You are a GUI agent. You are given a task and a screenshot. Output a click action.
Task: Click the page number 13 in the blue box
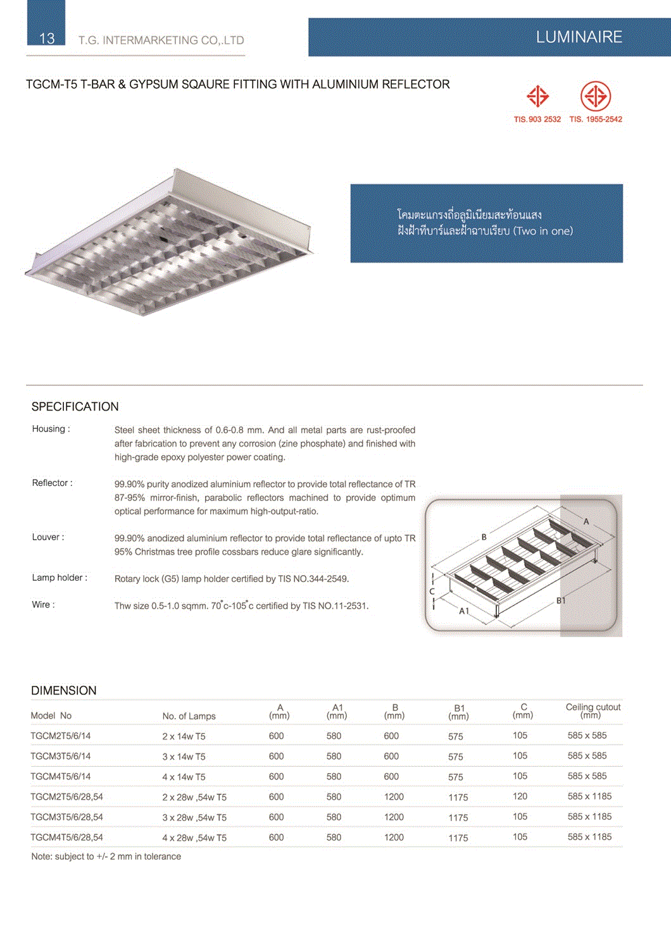point(47,38)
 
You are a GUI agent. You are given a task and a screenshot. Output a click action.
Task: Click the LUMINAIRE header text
point(579,37)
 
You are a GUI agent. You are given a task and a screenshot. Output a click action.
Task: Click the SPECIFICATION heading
point(75,407)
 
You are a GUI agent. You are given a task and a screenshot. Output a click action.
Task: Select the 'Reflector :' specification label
point(52,483)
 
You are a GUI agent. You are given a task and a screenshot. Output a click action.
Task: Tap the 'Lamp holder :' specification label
point(60,578)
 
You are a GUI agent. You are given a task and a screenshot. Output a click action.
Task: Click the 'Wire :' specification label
point(43,605)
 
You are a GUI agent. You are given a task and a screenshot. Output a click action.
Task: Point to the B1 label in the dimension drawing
point(561,600)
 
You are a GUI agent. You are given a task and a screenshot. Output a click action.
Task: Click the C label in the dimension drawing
point(432,592)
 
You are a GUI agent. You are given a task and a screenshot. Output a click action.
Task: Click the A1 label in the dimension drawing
point(464,611)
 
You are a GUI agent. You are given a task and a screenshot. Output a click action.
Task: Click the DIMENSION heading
point(64,691)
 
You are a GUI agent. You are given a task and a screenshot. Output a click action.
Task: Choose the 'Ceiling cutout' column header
point(593,707)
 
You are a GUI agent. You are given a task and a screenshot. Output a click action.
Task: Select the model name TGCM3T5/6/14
point(61,756)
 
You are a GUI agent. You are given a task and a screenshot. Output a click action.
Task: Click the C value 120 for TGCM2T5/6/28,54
point(520,797)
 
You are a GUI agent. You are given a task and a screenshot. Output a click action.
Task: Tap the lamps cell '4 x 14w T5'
point(184,777)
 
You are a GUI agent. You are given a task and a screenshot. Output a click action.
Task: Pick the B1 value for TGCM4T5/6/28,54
point(458,838)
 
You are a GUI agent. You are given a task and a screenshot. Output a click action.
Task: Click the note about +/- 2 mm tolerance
point(106,857)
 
